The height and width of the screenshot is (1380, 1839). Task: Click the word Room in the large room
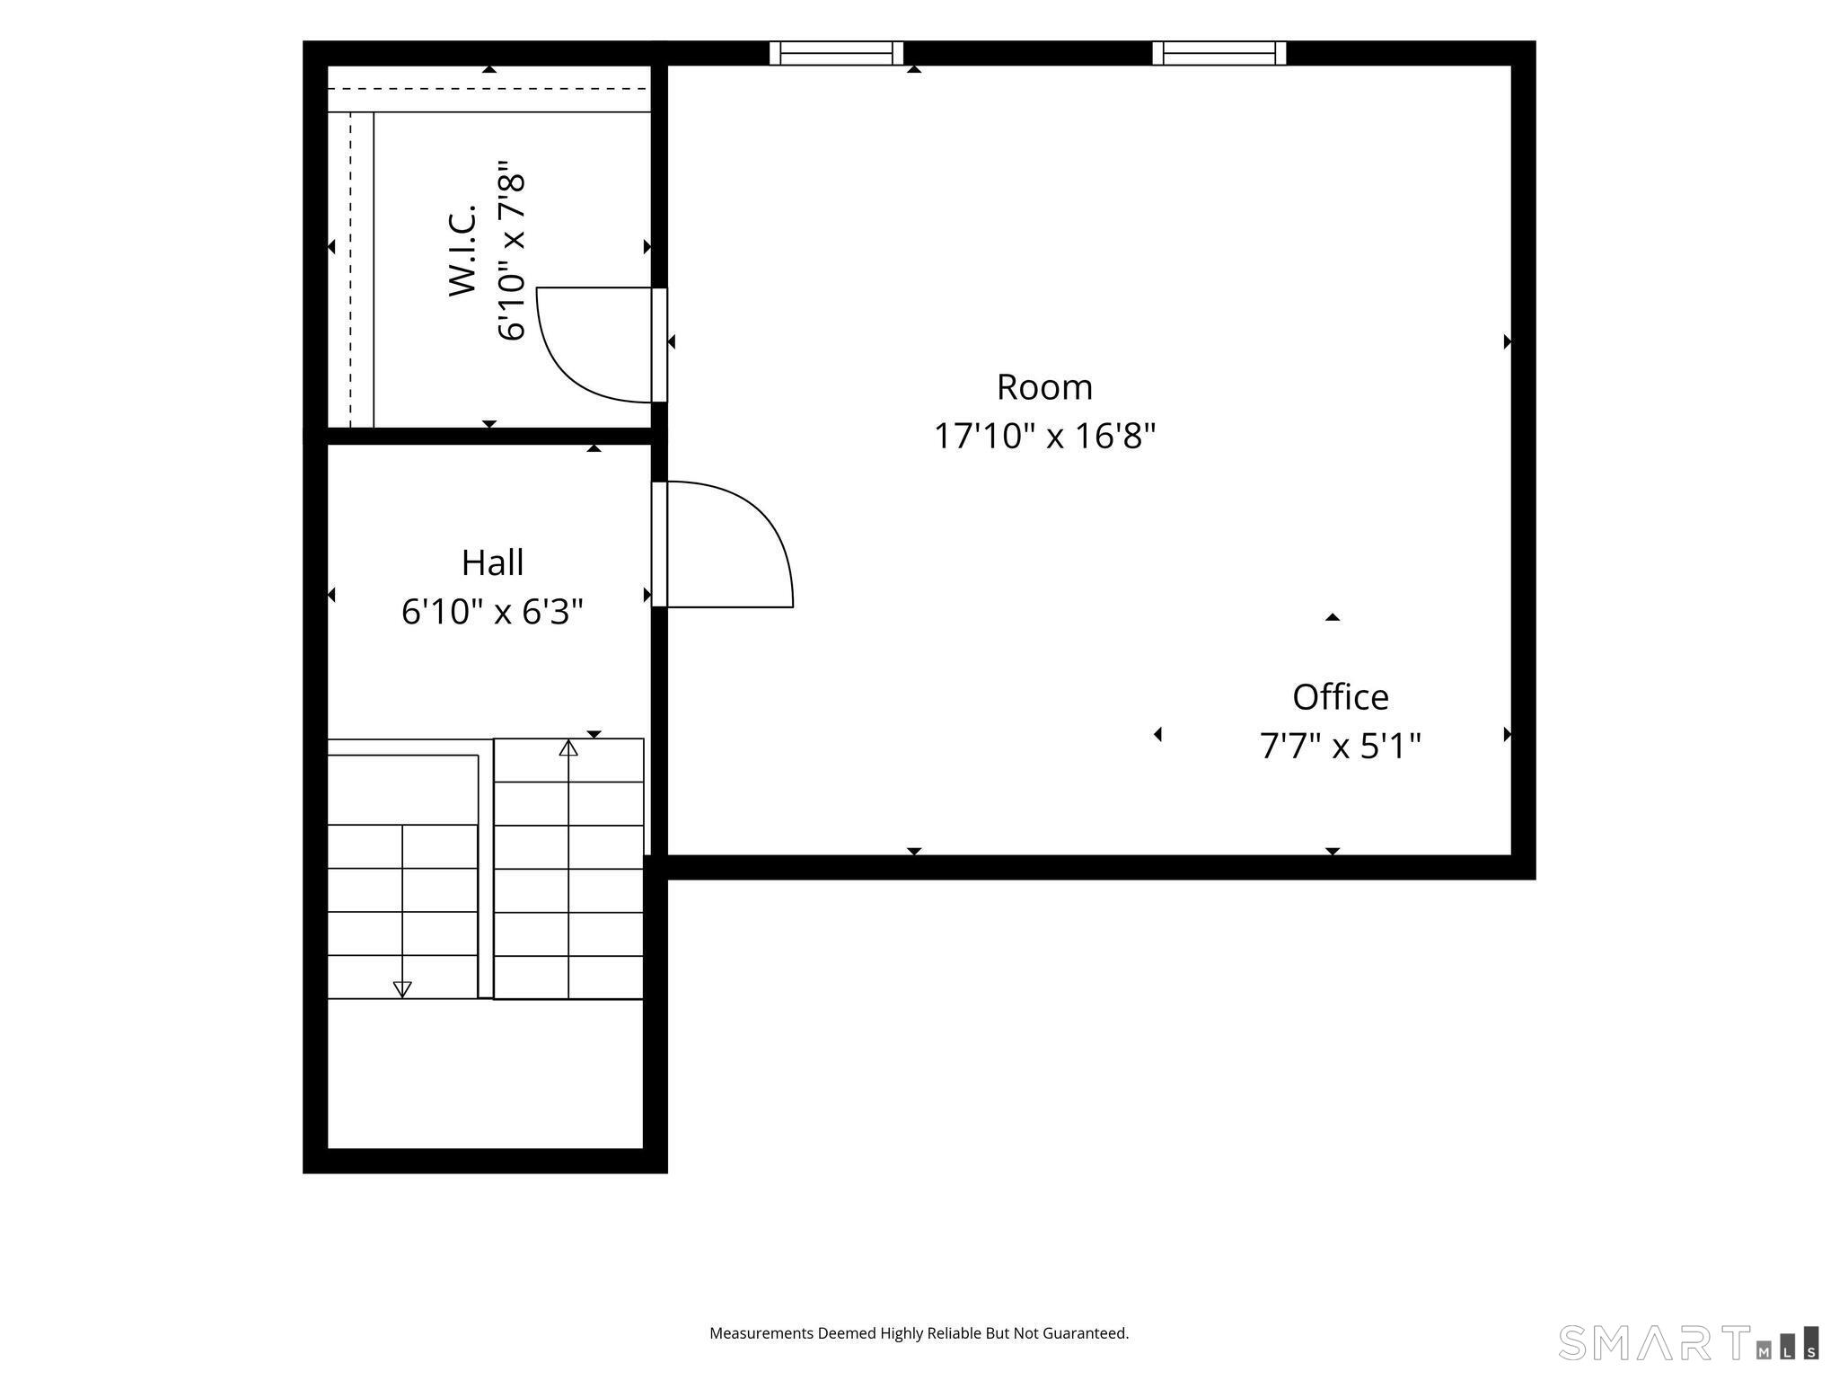point(1044,387)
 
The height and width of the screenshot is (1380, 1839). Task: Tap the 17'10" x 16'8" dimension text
point(1044,437)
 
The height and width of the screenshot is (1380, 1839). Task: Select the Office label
point(1341,696)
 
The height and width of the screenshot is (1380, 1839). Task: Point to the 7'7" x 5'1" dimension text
point(1341,746)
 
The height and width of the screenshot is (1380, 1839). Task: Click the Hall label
point(492,562)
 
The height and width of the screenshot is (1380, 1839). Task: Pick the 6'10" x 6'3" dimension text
point(492,612)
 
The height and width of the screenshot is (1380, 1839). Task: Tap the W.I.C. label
point(462,250)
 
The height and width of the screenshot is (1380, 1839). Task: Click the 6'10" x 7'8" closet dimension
point(510,251)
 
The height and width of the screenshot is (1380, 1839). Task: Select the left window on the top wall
point(836,53)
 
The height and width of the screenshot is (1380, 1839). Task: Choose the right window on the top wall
point(1219,53)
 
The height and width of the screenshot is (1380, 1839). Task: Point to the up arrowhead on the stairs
point(568,747)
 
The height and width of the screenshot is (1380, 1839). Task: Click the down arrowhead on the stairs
point(402,989)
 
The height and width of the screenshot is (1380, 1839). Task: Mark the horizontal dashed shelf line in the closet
point(488,89)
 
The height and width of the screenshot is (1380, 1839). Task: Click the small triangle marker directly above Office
point(1333,617)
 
